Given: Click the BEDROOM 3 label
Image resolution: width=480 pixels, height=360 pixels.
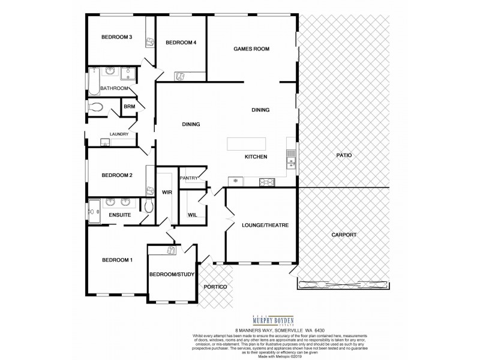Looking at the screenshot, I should (x=116, y=37).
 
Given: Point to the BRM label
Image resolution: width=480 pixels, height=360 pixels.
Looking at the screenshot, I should (x=129, y=107).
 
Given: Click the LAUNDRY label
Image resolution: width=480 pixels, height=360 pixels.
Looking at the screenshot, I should (x=119, y=134).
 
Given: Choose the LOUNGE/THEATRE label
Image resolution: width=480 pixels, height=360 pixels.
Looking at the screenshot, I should (x=265, y=226).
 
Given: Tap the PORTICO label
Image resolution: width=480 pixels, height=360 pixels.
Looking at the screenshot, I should (x=215, y=287).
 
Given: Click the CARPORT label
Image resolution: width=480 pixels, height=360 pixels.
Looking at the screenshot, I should (x=344, y=235).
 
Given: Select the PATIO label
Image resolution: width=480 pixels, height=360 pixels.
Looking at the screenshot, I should (x=343, y=155).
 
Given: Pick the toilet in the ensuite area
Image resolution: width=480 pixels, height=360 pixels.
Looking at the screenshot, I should (x=149, y=206).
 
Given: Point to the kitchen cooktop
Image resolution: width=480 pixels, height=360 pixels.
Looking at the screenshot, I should (x=266, y=182).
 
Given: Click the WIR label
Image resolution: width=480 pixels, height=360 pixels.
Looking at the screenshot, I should (x=167, y=192).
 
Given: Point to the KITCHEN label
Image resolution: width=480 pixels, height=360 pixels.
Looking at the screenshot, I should (x=256, y=157).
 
